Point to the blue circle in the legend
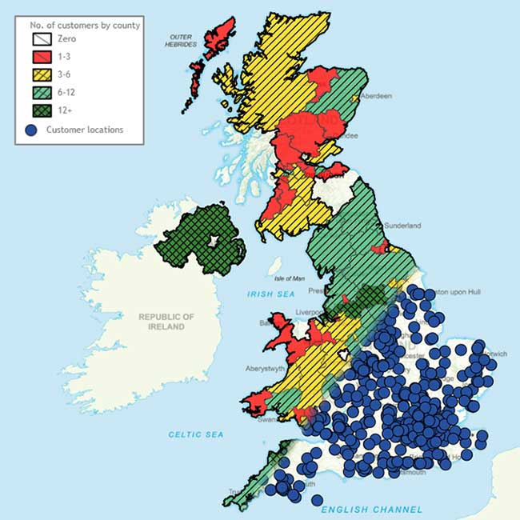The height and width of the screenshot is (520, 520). [x=31, y=129]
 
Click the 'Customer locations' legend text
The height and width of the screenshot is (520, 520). [x=85, y=129]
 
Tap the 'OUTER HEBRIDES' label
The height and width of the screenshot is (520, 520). [x=182, y=41]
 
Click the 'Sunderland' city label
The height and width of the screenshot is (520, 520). [x=402, y=226]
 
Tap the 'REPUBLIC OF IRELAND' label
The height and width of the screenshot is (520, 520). [x=166, y=322]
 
